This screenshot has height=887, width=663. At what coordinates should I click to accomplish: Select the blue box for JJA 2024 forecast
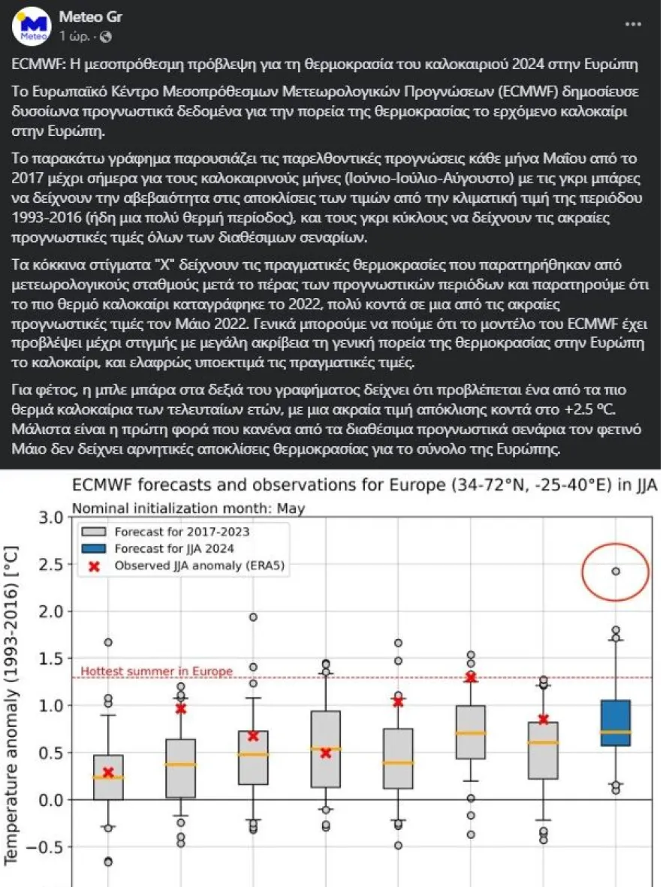[x=616, y=723]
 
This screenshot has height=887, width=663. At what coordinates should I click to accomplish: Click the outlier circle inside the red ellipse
[x=616, y=572]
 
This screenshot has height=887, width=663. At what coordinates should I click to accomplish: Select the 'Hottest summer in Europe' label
[x=156, y=671]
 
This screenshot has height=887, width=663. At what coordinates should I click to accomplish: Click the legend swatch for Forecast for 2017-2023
[x=92, y=533]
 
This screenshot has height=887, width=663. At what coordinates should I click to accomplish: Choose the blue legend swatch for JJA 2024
[x=92, y=549]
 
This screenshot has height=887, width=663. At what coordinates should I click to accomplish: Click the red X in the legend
[x=92, y=566]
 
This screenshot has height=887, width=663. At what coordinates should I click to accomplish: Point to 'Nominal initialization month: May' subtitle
[x=188, y=508]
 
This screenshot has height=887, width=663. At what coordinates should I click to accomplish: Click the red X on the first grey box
[x=108, y=772]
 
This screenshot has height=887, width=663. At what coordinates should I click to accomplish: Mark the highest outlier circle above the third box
[x=254, y=617]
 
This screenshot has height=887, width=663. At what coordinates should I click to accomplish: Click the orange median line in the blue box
[x=616, y=732]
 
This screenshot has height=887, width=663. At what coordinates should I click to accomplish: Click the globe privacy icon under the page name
[x=105, y=36]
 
